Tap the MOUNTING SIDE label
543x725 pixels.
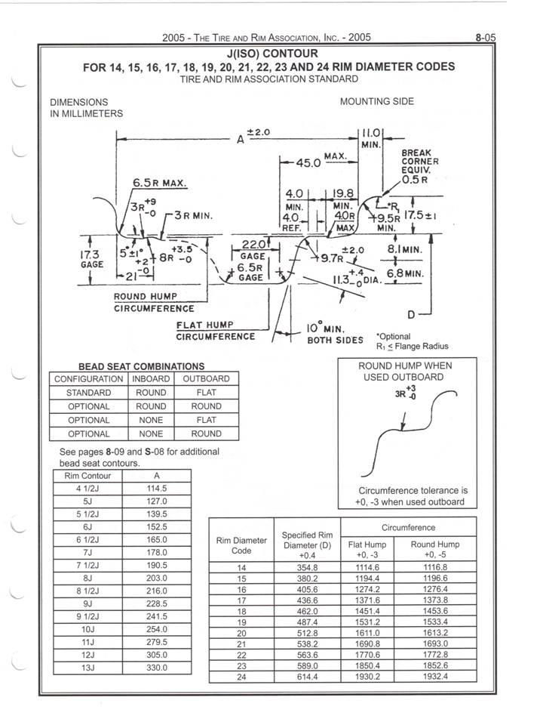tap(377, 101)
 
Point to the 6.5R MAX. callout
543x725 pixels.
tap(159, 183)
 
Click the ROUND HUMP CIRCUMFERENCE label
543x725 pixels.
tap(154, 302)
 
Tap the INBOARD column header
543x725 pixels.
tap(150, 378)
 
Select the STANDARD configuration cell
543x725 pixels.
tap(88, 393)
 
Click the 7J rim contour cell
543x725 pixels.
tap(89, 553)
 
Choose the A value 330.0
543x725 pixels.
tap(156, 668)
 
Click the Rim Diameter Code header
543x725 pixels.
tap(241, 545)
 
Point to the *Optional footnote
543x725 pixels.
tap(393, 336)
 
